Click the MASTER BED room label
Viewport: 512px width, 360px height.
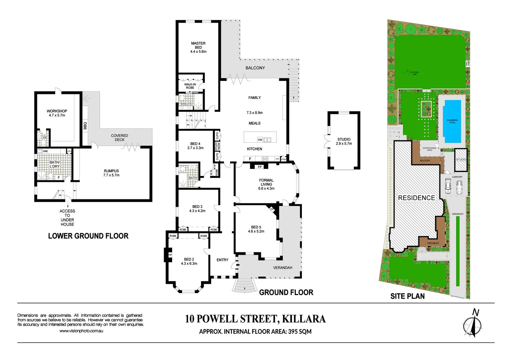198,45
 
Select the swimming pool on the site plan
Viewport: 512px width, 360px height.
452,121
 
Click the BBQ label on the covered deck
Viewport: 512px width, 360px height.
85,126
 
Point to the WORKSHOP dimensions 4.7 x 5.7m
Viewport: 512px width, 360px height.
57,115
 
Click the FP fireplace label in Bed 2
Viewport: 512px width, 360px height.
170,255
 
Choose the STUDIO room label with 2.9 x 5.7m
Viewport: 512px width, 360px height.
344,139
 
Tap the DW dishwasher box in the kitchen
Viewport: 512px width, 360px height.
260,140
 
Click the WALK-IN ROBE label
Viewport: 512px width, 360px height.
190,86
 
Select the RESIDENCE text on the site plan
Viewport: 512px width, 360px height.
416,198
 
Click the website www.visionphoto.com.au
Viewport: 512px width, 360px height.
81,331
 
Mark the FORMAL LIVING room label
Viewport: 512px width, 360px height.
266,182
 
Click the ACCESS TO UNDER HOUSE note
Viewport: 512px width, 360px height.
67,217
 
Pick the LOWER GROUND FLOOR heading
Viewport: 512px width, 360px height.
88,236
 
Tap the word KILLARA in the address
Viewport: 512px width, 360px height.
304,319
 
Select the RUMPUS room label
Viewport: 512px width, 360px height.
111,171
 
